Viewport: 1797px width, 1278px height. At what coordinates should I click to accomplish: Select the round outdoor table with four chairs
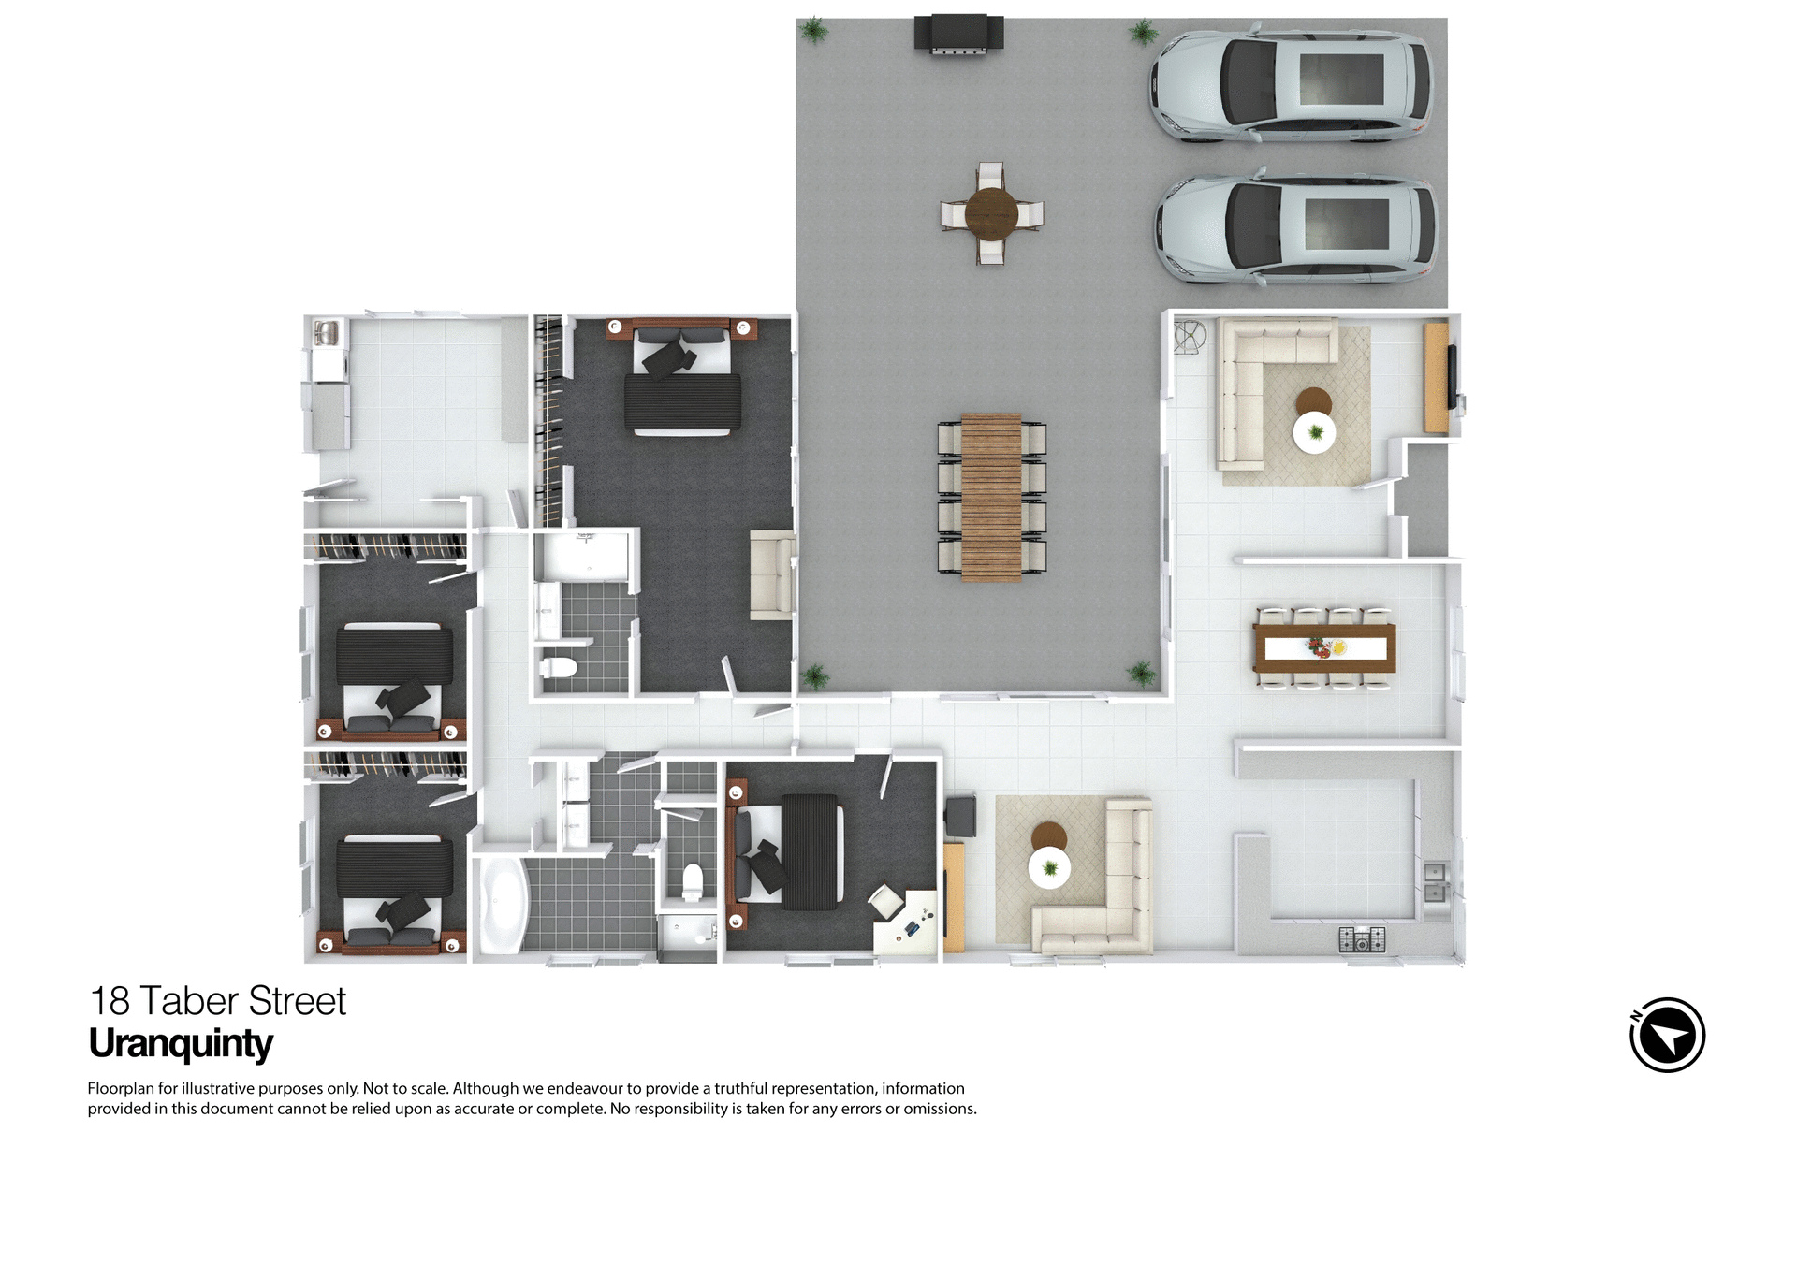coord(991,214)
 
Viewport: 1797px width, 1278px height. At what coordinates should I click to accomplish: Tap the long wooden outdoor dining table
coord(991,497)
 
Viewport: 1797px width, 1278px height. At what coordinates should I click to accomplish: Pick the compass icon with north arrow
coord(1667,1035)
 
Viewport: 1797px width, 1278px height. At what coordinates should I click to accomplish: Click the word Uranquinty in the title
coord(181,1044)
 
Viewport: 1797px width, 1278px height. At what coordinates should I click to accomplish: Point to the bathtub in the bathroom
coord(503,902)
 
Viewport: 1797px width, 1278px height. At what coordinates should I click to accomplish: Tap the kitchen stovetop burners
coord(1361,938)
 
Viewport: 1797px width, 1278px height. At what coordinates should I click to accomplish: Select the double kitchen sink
coord(1435,882)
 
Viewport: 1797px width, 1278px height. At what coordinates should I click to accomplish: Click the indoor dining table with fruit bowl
coord(1324,647)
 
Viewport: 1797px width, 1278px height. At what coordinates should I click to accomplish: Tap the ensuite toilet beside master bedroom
coord(559,668)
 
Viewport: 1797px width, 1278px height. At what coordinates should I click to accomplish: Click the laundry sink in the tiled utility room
coord(327,333)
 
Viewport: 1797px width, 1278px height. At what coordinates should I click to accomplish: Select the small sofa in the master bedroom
coord(772,574)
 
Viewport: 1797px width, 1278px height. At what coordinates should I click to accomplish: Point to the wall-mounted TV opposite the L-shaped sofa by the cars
coord(1452,377)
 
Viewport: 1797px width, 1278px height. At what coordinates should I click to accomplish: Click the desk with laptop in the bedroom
coord(906,924)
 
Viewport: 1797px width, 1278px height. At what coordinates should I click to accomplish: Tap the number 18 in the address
coord(110,1002)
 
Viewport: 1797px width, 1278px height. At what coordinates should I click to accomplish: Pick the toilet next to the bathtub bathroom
coord(692,881)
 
